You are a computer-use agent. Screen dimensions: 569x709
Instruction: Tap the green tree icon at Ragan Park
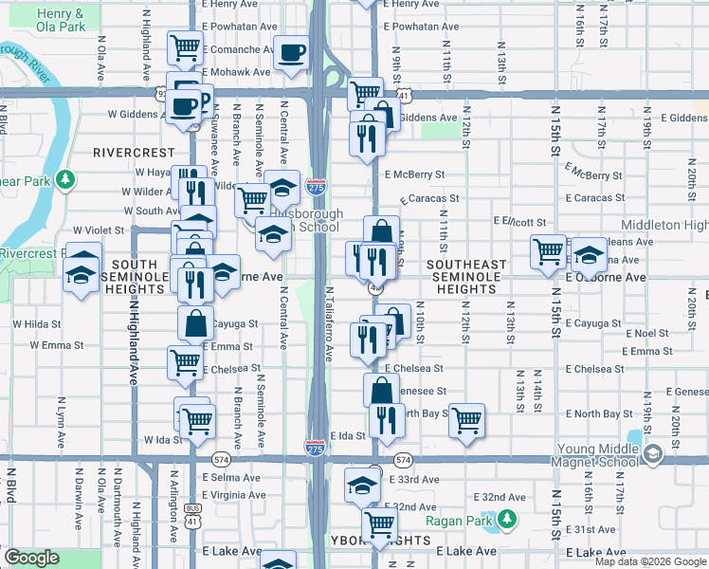click(x=507, y=518)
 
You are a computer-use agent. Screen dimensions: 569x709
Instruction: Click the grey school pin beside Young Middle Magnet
click(x=651, y=455)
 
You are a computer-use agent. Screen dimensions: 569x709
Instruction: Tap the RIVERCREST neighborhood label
click(x=134, y=152)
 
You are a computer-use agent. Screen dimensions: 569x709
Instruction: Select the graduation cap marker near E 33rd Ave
click(x=361, y=485)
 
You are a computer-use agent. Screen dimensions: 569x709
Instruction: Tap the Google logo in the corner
click(x=31, y=558)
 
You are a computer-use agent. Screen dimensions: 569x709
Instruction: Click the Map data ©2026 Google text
click(x=649, y=561)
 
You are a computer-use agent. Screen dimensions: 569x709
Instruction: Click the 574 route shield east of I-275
click(x=404, y=460)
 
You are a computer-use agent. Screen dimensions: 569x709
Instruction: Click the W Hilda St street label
click(x=37, y=323)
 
